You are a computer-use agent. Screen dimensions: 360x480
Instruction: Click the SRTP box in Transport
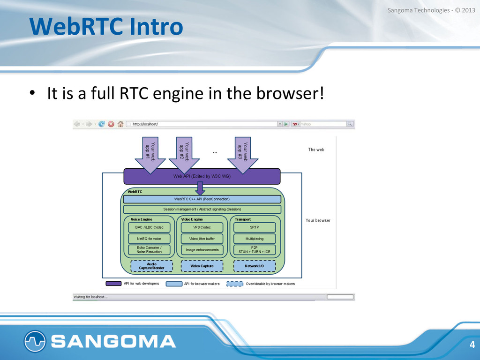(x=254, y=227)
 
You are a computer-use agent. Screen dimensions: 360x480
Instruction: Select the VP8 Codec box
(x=202, y=227)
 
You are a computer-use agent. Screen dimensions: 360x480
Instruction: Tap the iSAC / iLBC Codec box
(x=149, y=227)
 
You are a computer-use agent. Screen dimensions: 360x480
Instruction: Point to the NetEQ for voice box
(x=149, y=239)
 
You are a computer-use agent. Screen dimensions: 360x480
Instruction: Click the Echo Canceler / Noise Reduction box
(x=149, y=250)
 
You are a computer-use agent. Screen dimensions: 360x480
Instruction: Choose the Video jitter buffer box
(x=202, y=239)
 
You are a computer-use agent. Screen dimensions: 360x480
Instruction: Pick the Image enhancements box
(x=202, y=250)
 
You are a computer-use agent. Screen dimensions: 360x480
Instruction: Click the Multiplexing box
(x=254, y=239)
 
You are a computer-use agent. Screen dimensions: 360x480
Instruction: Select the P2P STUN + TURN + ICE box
(x=254, y=250)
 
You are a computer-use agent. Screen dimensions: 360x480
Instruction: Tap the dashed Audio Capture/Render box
(x=151, y=266)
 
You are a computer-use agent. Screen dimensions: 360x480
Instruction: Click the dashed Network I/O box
(x=254, y=266)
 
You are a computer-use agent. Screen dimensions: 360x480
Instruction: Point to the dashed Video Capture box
(x=202, y=266)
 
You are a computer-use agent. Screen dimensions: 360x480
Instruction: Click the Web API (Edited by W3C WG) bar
(x=202, y=177)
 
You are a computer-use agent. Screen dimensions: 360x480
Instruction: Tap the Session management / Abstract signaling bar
(x=202, y=209)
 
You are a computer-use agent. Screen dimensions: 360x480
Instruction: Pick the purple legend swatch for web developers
(x=113, y=284)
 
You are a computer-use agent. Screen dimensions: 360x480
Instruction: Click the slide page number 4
(x=472, y=345)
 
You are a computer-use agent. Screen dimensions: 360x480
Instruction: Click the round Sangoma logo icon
(x=35, y=341)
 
